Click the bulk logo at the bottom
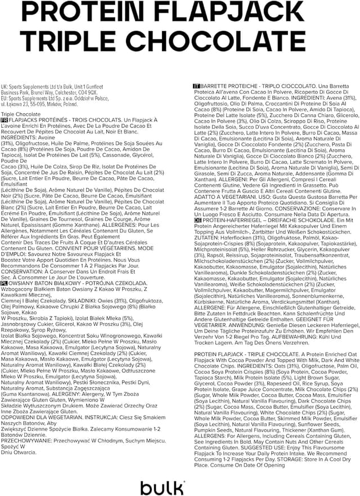(x=163, y=485)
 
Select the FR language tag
(x=5, y=120)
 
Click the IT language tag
(x=196, y=86)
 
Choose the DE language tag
(x=196, y=236)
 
